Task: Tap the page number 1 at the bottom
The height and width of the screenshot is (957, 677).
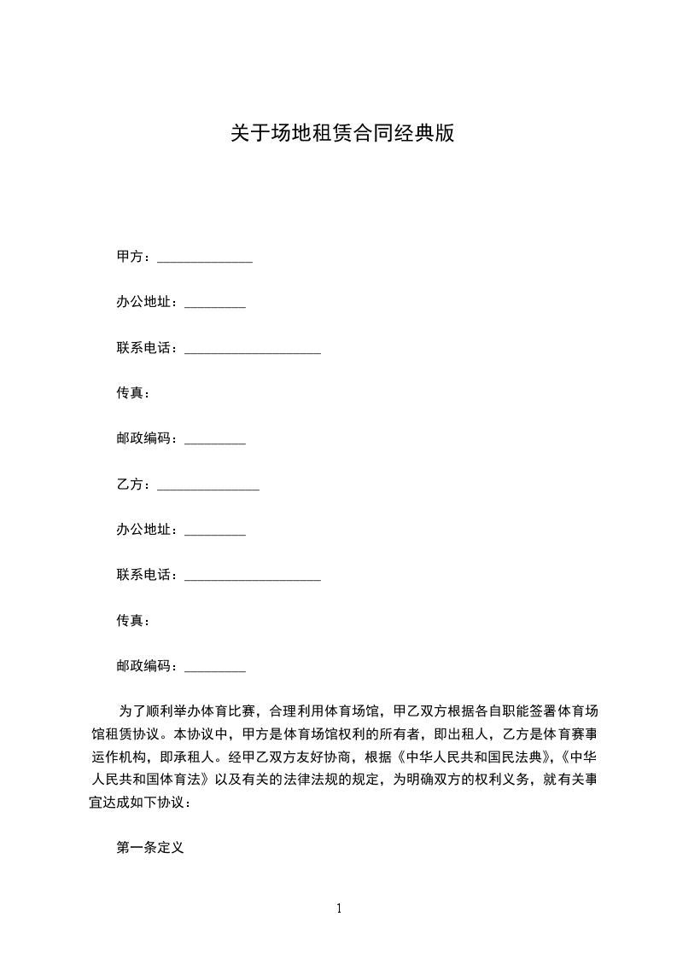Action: coord(339,908)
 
